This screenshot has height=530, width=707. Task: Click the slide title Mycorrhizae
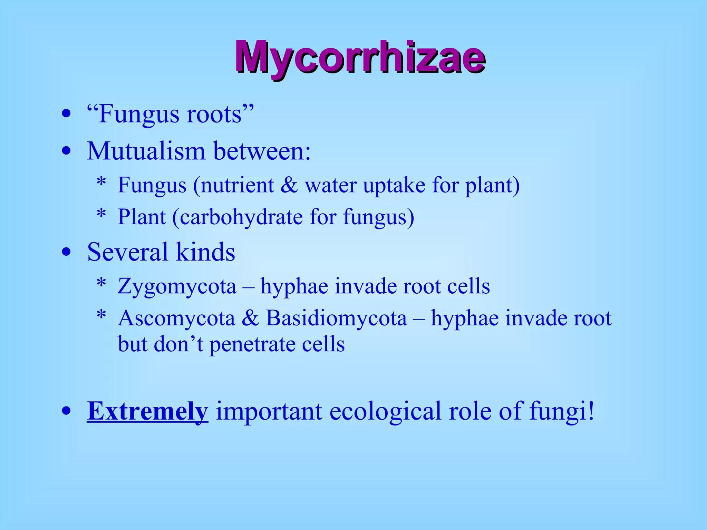(360, 57)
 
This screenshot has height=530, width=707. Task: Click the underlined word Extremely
(147, 411)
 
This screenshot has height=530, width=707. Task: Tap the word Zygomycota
(177, 286)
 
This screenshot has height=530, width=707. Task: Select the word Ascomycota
(176, 318)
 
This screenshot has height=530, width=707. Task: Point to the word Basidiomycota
(336, 318)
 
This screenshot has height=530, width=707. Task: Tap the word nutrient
(238, 185)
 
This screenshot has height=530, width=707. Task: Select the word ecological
(385, 411)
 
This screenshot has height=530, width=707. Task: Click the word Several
(127, 252)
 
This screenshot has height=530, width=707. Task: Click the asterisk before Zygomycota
(101, 284)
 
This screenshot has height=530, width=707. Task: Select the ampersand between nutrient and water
(289, 185)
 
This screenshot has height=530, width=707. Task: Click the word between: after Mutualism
(262, 151)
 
